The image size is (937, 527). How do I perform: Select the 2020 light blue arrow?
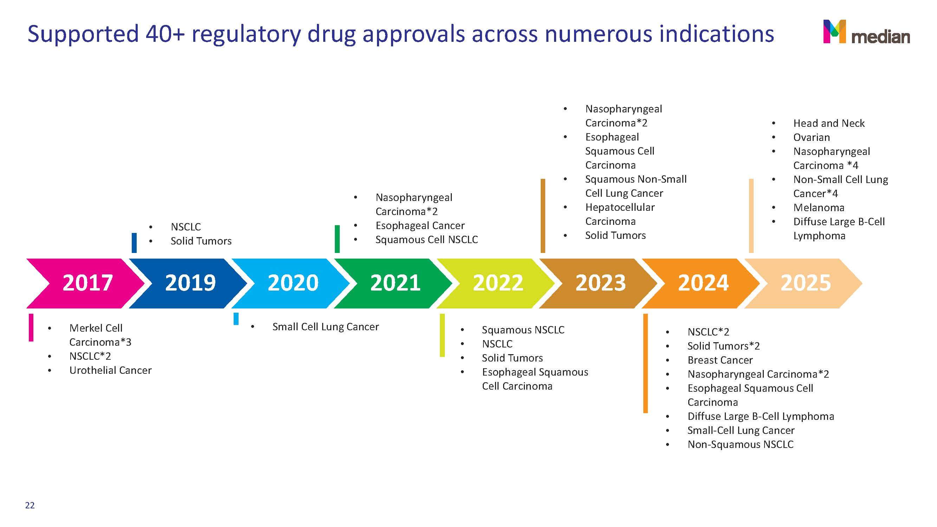tap(291, 283)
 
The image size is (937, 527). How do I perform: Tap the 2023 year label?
tap(600, 283)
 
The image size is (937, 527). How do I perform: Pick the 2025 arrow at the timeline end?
tap(803, 283)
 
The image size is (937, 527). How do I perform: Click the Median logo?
tap(866, 32)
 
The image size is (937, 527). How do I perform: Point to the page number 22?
tap(30, 505)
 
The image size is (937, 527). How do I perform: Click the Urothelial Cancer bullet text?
tap(111, 370)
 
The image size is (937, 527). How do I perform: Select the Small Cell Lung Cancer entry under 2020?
tap(326, 327)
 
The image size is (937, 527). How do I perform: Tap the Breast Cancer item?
tap(720, 360)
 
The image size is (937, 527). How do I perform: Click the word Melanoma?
tap(819, 208)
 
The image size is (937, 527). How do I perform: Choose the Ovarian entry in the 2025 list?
tap(812, 137)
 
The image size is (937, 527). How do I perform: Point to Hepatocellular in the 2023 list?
tap(620, 207)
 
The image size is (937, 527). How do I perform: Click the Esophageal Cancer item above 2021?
tap(420, 226)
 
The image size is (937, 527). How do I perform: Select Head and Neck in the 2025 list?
tap(829, 123)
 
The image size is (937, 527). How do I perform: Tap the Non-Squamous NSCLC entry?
tap(741, 444)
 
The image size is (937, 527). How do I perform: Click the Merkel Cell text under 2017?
tap(96, 328)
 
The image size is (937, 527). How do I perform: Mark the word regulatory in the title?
tap(246, 34)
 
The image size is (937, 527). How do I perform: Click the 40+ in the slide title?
tap(165, 33)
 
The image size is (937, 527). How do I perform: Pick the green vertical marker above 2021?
tap(337, 239)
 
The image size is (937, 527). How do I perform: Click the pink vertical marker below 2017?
tap(31, 327)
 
